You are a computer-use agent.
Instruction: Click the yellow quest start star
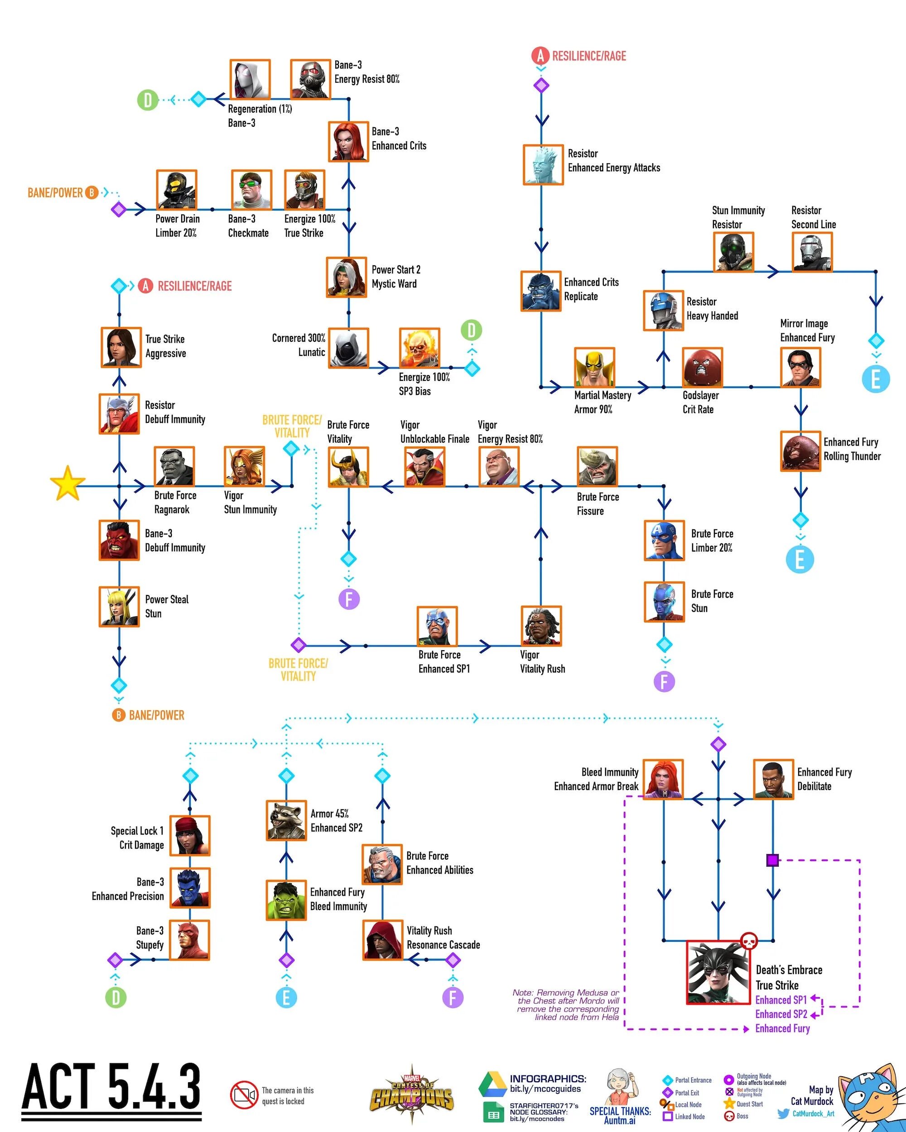67,484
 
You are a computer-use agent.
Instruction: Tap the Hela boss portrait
718,972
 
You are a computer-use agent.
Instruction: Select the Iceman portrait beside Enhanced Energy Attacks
543,165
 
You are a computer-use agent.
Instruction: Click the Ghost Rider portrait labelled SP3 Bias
419,348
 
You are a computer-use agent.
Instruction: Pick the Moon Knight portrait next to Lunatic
348,348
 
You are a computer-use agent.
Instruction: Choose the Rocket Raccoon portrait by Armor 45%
286,820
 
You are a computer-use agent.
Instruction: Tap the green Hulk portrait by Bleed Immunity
286,900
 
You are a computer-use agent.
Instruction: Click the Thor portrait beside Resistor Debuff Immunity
119,414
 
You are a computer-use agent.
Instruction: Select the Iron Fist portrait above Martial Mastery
594,367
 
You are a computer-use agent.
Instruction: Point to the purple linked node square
772,860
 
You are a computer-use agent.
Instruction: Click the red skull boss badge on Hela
748,941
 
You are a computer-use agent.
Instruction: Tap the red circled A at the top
540,56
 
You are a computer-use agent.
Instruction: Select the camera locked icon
244,1095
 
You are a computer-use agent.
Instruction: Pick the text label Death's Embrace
789,970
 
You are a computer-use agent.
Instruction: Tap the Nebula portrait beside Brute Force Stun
664,602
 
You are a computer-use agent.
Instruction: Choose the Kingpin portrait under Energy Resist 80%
498,466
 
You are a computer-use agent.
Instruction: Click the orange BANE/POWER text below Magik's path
157,715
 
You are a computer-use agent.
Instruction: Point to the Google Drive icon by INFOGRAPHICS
492,1084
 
